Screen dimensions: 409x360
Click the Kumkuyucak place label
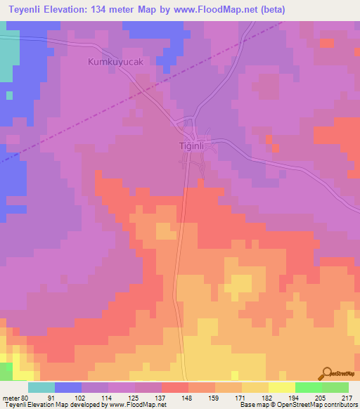click(x=117, y=62)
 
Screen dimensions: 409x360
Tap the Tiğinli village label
click(x=191, y=145)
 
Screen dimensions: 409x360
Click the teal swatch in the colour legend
click(x=41, y=387)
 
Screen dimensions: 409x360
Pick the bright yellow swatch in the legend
click(x=282, y=387)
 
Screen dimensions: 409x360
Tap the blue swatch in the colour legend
click(x=68, y=387)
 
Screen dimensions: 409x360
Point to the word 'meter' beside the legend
click(x=9, y=397)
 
